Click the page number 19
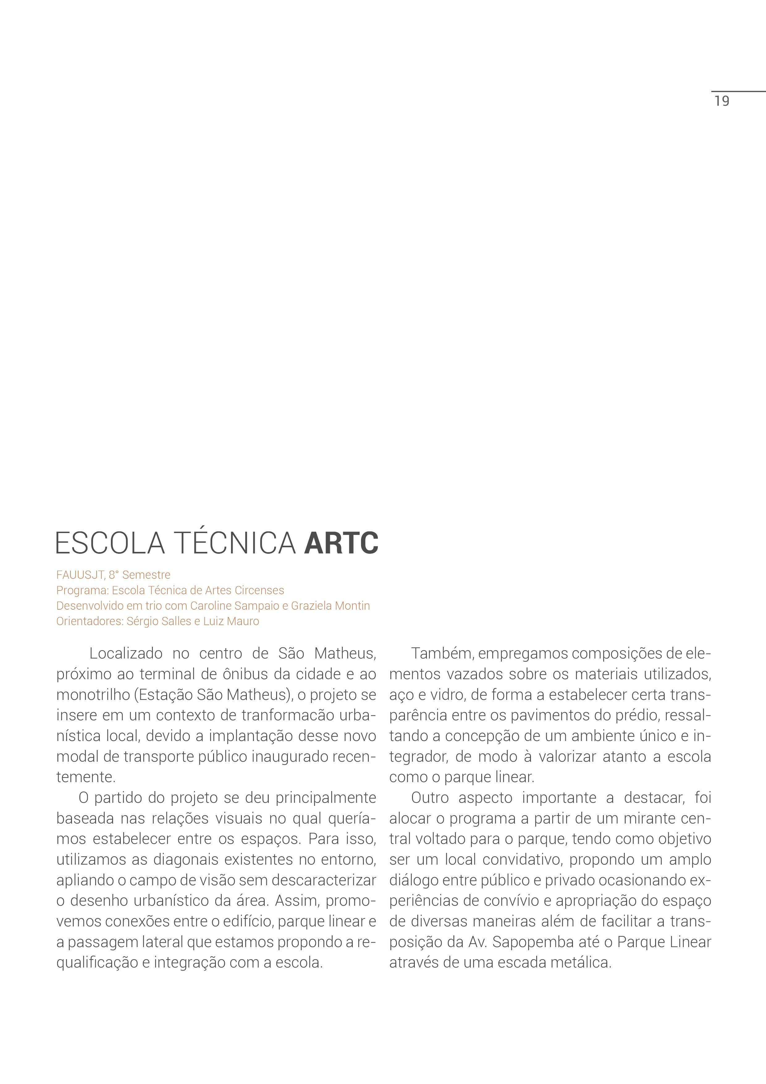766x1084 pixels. [x=722, y=101]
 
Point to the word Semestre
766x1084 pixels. [x=146, y=575]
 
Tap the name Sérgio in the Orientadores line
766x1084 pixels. [x=142, y=621]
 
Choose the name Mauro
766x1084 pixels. [x=243, y=621]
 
